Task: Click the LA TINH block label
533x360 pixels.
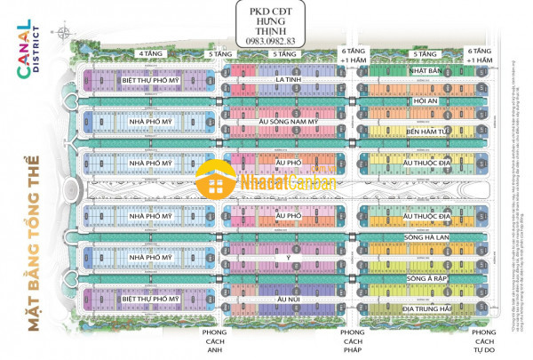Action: click(x=285, y=79)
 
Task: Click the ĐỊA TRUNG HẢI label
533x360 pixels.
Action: click(x=426, y=308)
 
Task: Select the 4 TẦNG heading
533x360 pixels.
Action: click(x=148, y=54)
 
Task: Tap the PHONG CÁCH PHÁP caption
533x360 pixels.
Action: click(x=353, y=337)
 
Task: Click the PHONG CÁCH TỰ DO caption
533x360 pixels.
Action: click(x=483, y=337)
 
